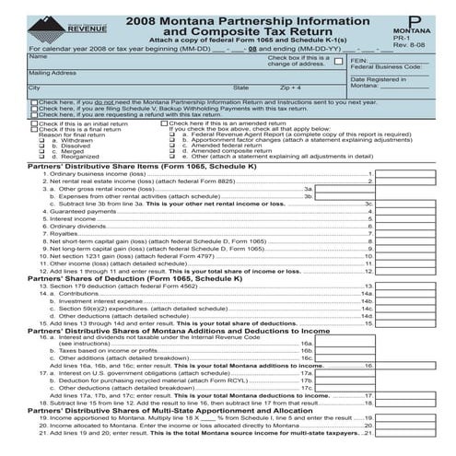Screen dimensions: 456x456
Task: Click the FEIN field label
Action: pyautogui.click(x=359, y=58)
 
